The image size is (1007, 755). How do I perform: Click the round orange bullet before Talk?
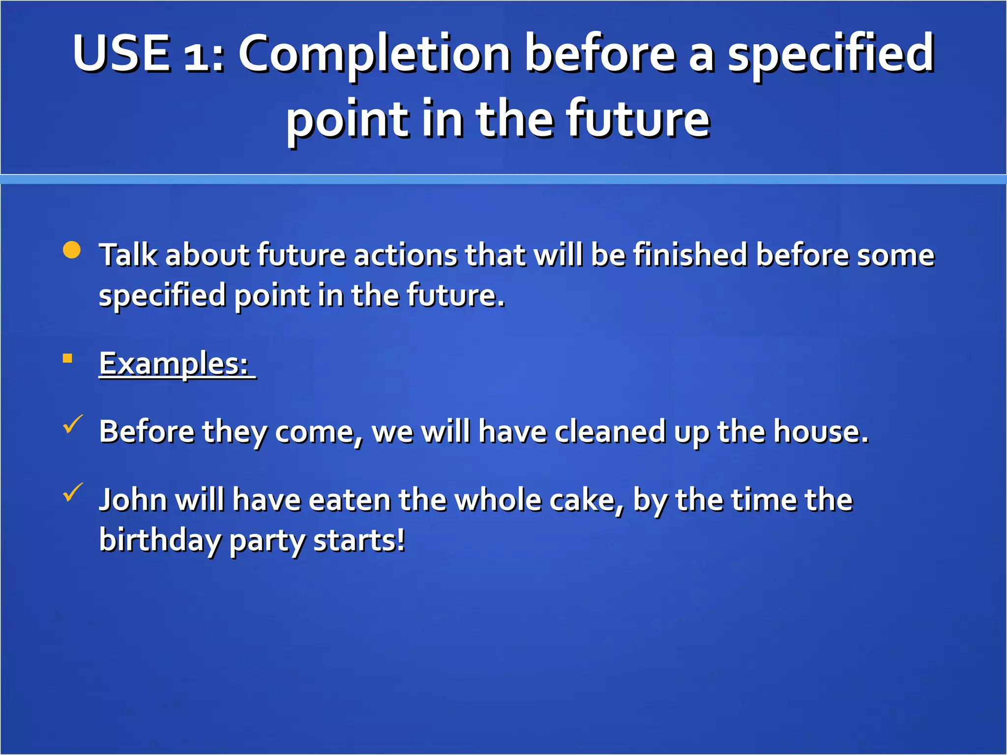pos(72,250)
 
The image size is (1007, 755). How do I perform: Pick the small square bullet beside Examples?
pos(68,358)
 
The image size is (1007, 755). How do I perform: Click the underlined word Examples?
pos(174,364)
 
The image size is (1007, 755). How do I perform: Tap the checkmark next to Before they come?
pos(73,424)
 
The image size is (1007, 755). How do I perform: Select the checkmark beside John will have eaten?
pos(73,493)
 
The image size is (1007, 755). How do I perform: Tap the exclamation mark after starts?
pos(401,540)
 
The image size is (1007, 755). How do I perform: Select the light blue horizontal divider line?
pos(503,179)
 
